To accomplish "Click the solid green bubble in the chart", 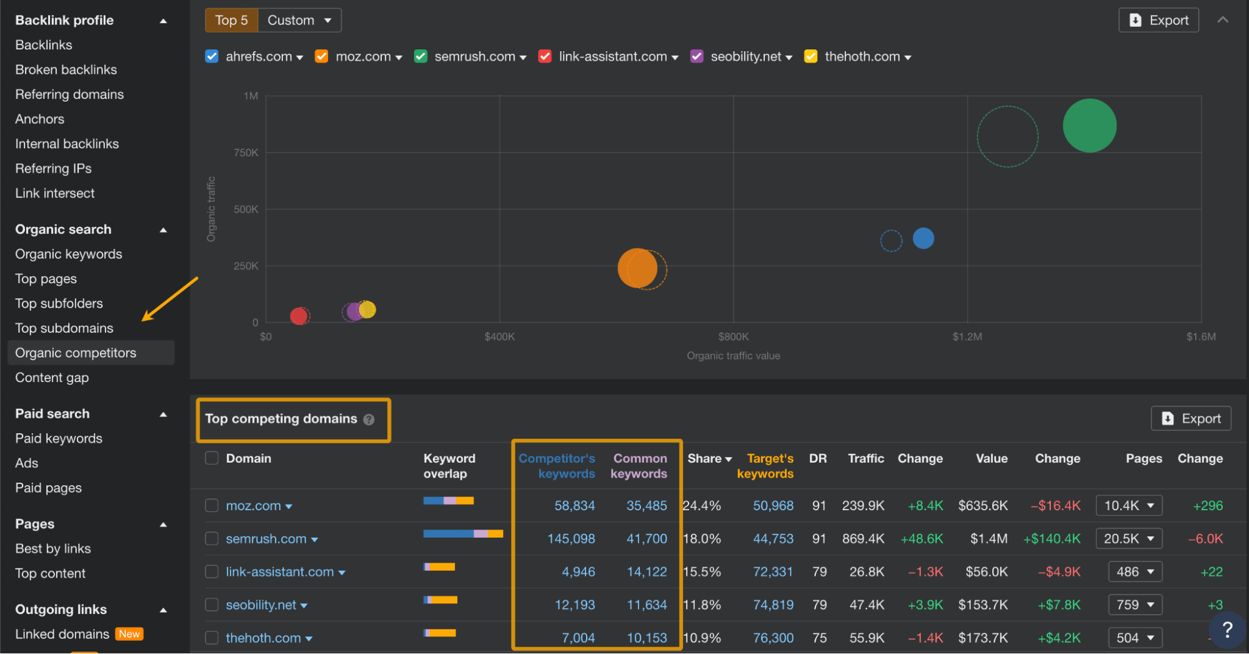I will [x=1089, y=126].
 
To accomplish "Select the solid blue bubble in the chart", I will [x=923, y=238].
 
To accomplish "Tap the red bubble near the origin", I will [x=299, y=316].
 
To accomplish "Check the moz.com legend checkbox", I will [x=322, y=56].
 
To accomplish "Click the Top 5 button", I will [x=231, y=20].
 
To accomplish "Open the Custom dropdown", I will [x=299, y=20].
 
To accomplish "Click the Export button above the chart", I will [x=1158, y=20].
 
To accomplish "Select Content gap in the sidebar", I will [x=52, y=378].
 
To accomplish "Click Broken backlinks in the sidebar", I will [x=66, y=69].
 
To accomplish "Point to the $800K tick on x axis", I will [x=733, y=336].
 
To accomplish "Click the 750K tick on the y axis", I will [x=246, y=153].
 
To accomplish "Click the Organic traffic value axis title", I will [x=733, y=356].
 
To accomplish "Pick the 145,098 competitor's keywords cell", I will [x=570, y=539].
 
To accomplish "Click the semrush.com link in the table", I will [x=266, y=539].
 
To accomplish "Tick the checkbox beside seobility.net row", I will [x=212, y=605].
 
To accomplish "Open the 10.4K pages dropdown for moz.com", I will [x=1128, y=505].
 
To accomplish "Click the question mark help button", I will [x=1227, y=630].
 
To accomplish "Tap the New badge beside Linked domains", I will [x=129, y=634].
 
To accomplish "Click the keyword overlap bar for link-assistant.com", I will [x=439, y=567].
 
